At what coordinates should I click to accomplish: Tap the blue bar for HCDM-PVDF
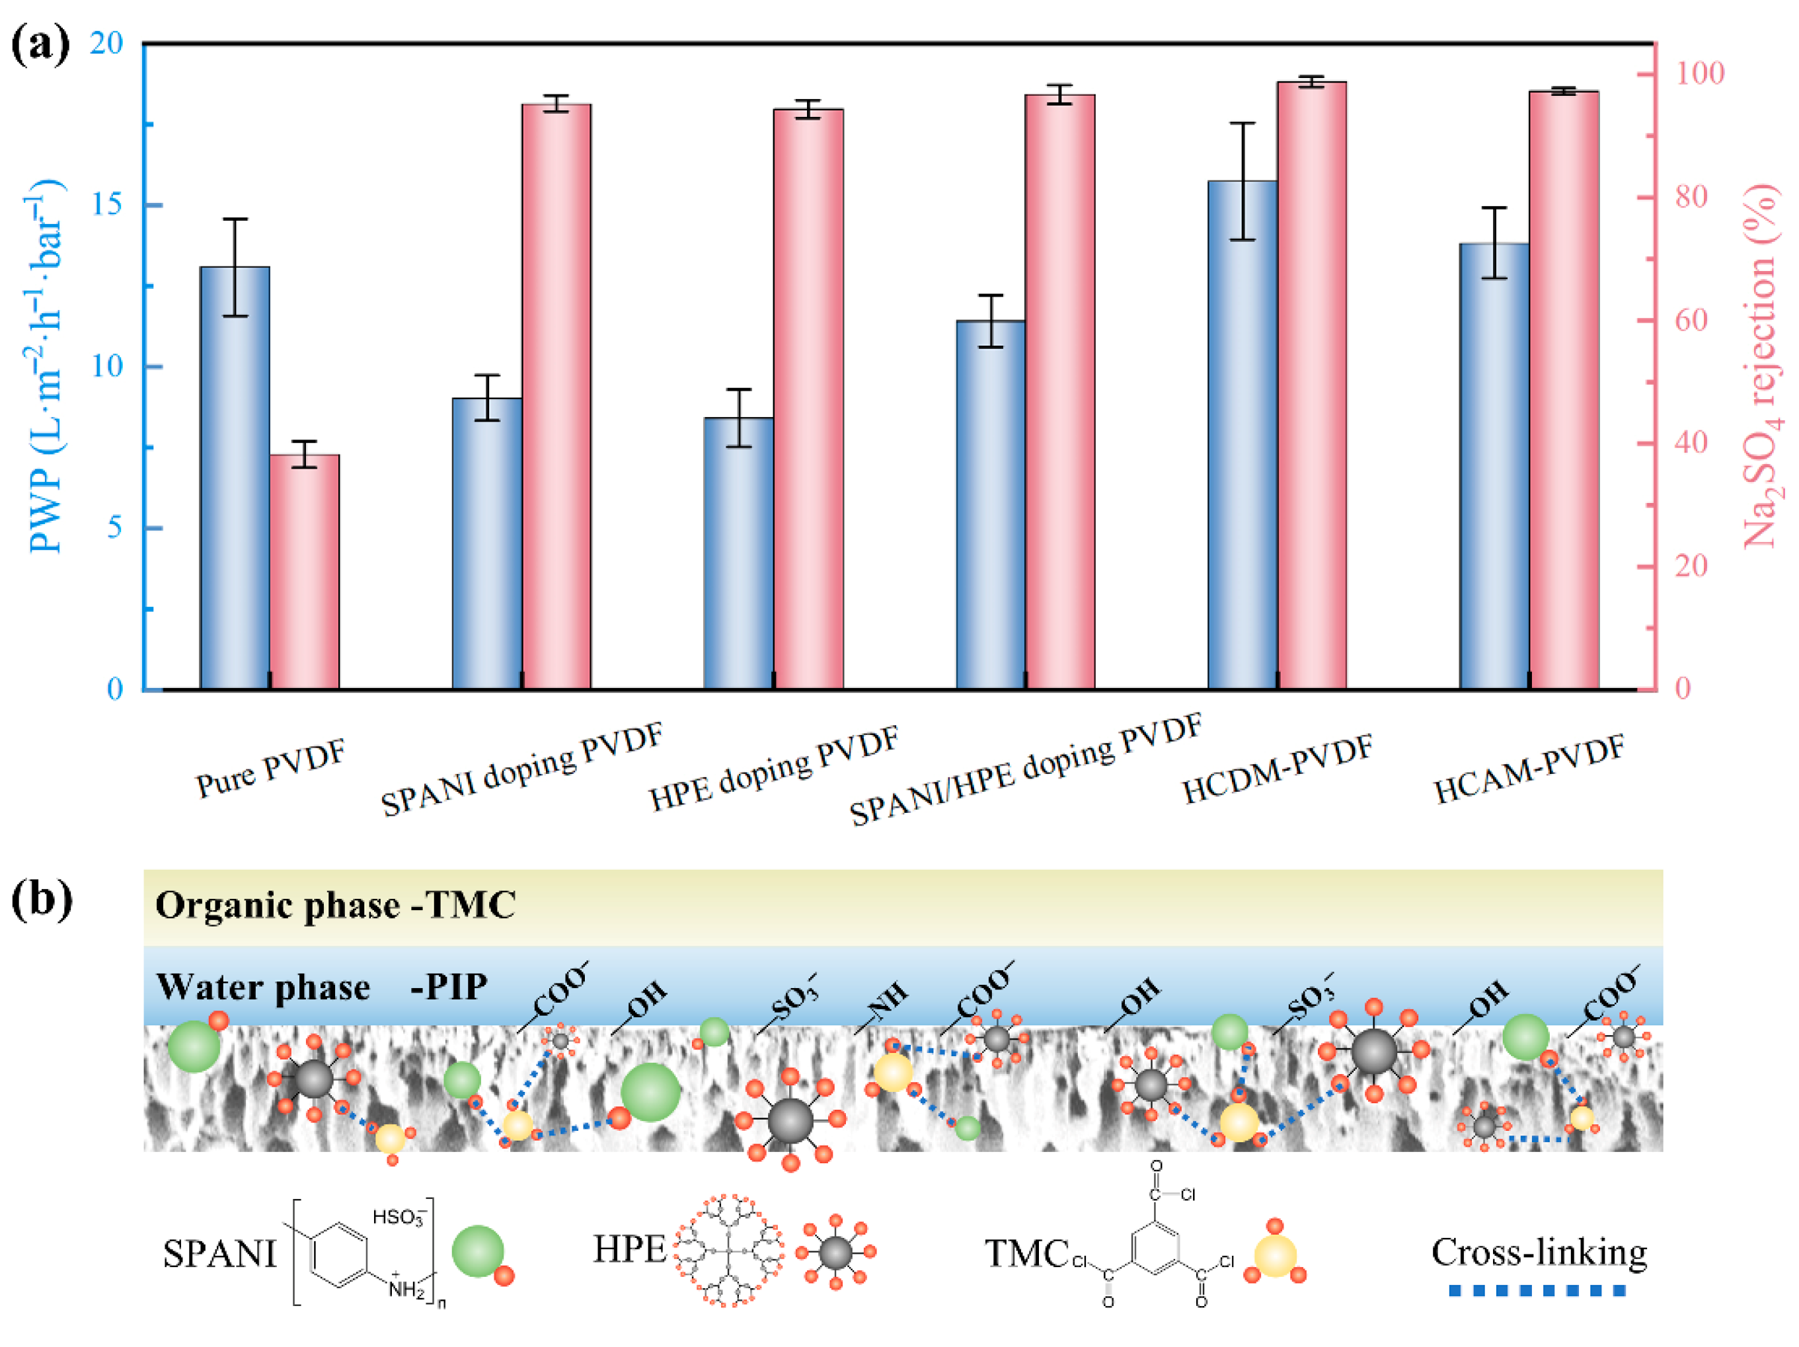pyautogui.click(x=1242, y=435)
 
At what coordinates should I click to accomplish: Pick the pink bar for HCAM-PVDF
pyautogui.click(x=1563, y=391)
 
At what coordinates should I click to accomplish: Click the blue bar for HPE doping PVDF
pyautogui.click(x=738, y=553)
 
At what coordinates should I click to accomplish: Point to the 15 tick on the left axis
pyautogui.click(x=106, y=204)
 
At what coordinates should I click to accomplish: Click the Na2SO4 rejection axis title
pyautogui.click(x=1761, y=366)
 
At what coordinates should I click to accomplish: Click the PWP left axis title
pyautogui.click(x=46, y=366)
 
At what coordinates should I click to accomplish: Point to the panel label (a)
pyautogui.click(x=41, y=45)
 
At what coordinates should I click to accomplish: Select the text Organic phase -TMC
pyautogui.click(x=335, y=905)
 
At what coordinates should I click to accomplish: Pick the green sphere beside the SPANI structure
pyautogui.click(x=477, y=1251)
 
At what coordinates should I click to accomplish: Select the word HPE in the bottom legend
pyautogui.click(x=629, y=1249)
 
